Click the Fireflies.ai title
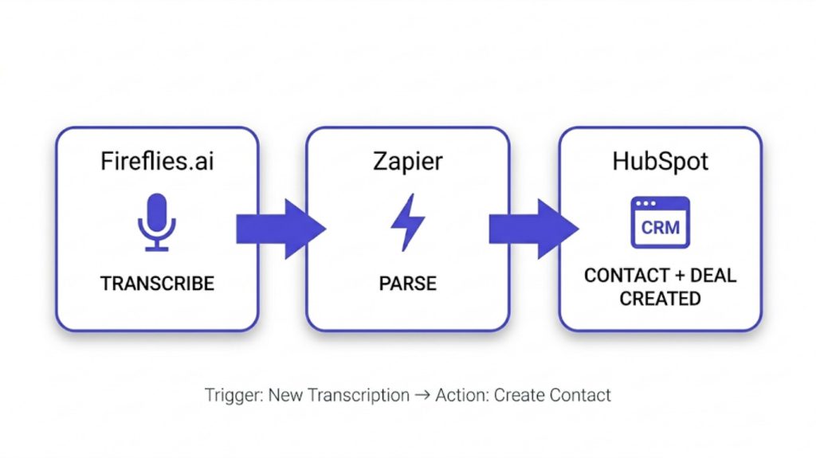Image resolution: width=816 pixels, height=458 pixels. [157, 162]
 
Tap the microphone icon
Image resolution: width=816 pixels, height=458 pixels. [157, 221]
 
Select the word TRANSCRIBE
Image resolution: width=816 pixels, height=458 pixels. [157, 283]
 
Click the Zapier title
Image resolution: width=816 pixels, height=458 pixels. [407, 162]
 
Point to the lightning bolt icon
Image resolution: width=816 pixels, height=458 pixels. [407, 222]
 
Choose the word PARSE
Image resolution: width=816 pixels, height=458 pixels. [407, 283]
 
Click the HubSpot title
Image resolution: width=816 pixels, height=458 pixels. [660, 162]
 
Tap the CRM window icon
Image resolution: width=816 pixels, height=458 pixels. [660, 222]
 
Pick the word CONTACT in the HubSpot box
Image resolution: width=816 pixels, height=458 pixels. [626, 276]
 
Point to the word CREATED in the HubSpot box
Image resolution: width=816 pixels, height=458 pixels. [660, 299]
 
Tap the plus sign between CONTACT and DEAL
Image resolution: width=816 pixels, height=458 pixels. [677, 276]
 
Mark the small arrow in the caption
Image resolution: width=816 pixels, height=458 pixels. [422, 395]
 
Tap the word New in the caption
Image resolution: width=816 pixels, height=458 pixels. [284, 395]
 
